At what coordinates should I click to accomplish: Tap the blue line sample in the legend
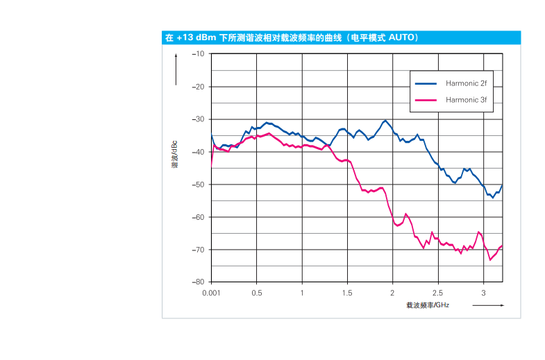coord(426,83)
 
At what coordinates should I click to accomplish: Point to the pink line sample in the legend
coord(426,99)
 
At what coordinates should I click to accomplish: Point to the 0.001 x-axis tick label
coord(211,293)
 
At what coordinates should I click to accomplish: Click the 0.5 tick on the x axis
coord(257,293)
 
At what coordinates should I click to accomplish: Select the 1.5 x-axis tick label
coord(347,293)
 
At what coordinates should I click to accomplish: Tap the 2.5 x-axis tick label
coord(437,293)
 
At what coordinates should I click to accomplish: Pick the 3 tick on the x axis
coord(483,293)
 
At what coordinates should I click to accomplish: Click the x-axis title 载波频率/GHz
coord(428,305)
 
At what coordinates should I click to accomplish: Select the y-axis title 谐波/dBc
coord(175,155)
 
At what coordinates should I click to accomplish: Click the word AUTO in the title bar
coord(401,37)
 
